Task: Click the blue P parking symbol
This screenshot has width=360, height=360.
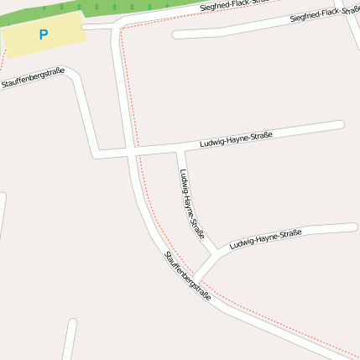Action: [43, 35]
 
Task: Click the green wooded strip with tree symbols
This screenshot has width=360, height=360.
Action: [126, 7]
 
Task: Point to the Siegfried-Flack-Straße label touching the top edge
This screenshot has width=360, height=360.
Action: [235, 6]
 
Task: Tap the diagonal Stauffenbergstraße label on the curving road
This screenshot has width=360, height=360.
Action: [187, 276]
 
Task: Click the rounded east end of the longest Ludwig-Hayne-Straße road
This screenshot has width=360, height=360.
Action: [341, 125]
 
